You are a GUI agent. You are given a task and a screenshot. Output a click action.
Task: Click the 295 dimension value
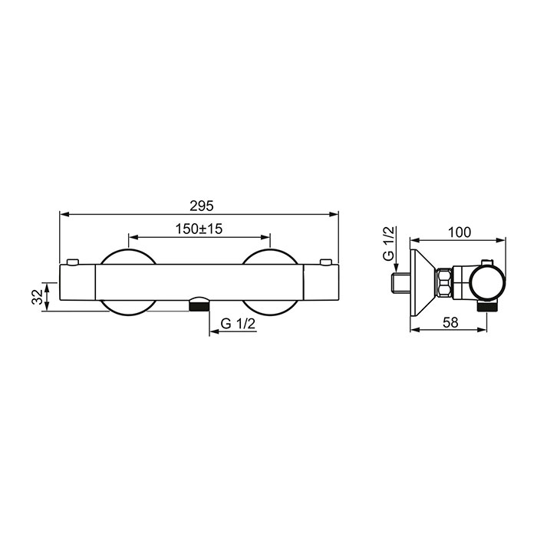coord(201,206)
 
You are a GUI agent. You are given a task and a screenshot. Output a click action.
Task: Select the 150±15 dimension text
coord(199,229)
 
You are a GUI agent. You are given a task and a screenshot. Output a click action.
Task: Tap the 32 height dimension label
coord(38,297)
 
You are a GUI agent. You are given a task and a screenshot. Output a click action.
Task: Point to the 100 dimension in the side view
coord(460,232)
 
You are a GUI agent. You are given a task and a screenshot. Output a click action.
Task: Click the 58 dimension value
coord(450,322)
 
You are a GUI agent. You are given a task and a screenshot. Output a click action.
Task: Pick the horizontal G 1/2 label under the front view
coord(238,324)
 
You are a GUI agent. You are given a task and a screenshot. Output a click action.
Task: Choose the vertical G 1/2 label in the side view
coord(389,243)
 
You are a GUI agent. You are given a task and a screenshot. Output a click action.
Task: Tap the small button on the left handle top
coord(73,262)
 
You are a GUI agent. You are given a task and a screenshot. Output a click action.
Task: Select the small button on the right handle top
coord(326,262)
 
